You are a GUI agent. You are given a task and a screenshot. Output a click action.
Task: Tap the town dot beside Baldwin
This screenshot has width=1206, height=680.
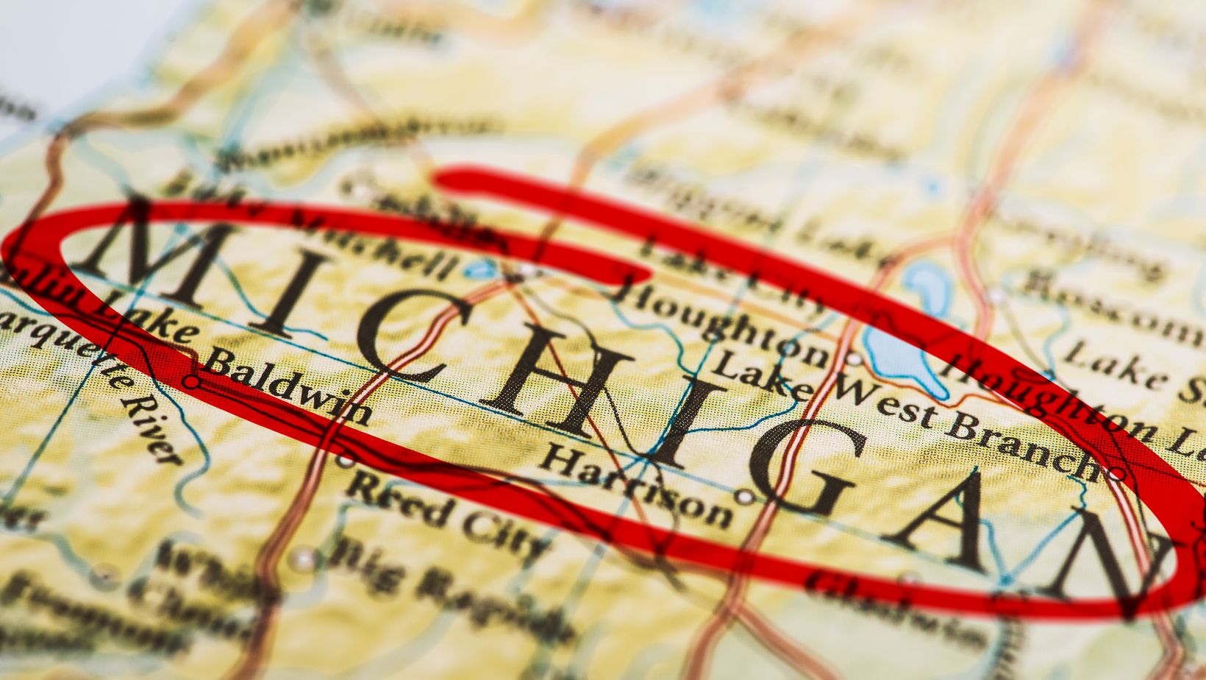(192, 382)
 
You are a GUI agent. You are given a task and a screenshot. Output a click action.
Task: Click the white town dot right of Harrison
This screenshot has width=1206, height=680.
(746, 497)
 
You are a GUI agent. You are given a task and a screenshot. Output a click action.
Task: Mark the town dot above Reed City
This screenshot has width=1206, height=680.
(345, 461)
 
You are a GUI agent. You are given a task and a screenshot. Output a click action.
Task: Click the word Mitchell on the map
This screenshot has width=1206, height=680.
(376, 246)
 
